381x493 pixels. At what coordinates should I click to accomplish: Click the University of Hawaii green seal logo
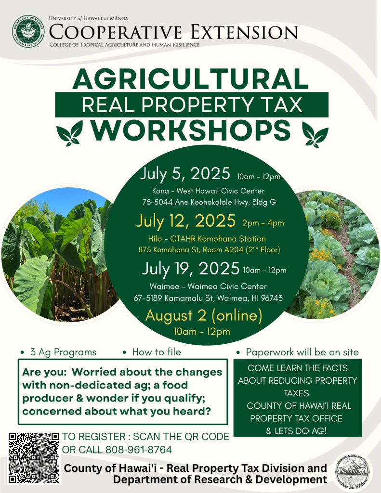click(28, 31)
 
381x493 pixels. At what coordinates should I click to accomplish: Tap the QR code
click(34, 458)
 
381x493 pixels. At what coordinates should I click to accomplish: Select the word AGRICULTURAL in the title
click(191, 79)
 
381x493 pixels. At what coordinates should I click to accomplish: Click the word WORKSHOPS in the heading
click(191, 130)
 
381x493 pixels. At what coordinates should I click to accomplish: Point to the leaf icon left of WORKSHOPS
click(69, 133)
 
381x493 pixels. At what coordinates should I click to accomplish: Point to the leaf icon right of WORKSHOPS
click(315, 134)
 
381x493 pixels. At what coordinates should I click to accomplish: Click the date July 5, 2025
click(185, 174)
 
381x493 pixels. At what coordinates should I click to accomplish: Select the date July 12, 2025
click(186, 221)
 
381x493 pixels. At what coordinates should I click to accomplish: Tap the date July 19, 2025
click(191, 269)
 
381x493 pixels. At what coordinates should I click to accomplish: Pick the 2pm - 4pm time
click(263, 223)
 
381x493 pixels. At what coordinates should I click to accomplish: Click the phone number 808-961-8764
click(139, 450)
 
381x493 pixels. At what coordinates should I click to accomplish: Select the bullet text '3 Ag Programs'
click(63, 352)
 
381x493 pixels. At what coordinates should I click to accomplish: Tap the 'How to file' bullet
click(157, 352)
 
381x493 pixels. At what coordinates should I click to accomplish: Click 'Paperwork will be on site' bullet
click(302, 352)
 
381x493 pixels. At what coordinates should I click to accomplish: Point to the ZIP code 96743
click(272, 298)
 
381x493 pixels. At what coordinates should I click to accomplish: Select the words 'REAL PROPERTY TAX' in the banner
click(192, 104)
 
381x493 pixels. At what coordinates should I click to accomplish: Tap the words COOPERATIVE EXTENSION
click(173, 32)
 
